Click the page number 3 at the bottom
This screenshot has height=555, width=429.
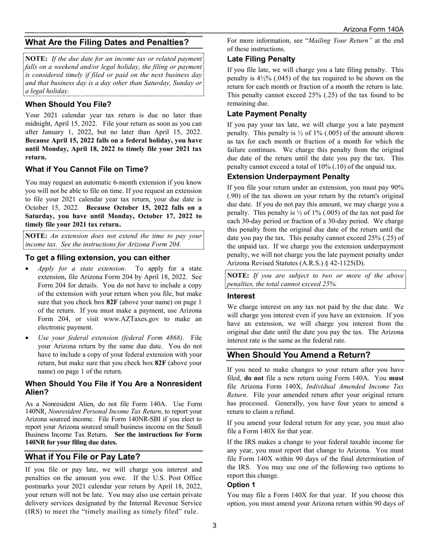pyautogui.click(x=214, y=525)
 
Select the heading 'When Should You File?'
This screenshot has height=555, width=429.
pyautogui.click(x=68, y=104)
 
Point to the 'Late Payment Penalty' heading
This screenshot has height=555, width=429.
pyautogui.click(x=266, y=114)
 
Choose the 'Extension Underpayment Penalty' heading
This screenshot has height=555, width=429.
pyautogui.click(x=288, y=176)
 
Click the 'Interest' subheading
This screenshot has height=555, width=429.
pyautogui.click(x=241, y=296)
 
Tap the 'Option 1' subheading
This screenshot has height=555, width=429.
pyautogui.click(x=241, y=485)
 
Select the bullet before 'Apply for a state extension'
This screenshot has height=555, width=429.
pyautogui.click(x=28, y=268)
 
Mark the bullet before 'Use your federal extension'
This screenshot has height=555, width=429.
pyautogui.click(x=28, y=338)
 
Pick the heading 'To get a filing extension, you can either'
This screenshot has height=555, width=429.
pyautogui.click(x=98, y=258)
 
